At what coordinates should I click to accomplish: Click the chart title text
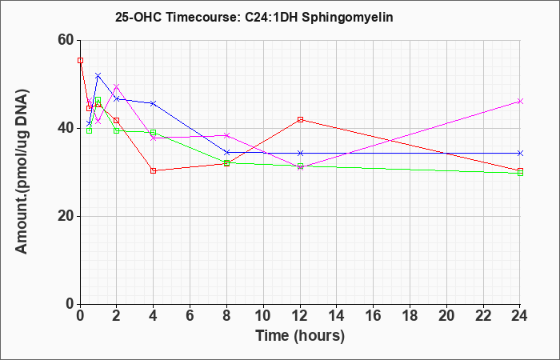(x=254, y=16)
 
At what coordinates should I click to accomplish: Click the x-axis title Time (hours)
(x=300, y=335)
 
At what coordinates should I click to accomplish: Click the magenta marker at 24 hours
(x=521, y=102)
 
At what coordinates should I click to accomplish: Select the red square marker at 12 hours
(x=300, y=119)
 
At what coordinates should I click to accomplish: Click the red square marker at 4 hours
(x=153, y=170)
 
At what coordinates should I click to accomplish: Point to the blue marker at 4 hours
(x=153, y=103)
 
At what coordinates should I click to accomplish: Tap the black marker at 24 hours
(x=521, y=153)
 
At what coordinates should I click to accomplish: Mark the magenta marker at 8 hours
(x=226, y=135)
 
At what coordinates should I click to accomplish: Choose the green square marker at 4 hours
(x=153, y=132)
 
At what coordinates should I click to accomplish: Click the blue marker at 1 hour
(x=98, y=75)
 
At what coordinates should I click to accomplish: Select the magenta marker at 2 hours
(x=116, y=86)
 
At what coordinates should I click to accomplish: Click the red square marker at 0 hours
(x=80, y=60)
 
